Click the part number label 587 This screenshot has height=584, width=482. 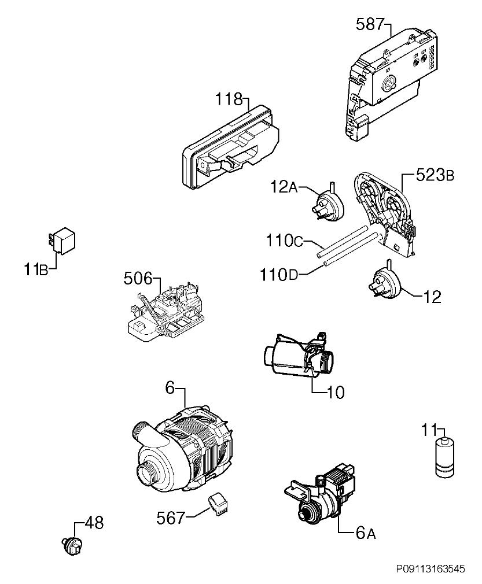(x=369, y=25)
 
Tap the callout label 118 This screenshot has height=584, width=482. (x=229, y=99)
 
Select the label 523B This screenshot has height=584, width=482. (x=435, y=175)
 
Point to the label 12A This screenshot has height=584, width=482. (x=284, y=187)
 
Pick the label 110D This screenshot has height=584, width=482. (x=279, y=275)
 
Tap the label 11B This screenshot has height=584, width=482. (x=36, y=269)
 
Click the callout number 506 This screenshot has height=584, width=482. (x=138, y=279)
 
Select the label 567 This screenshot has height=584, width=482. (x=171, y=518)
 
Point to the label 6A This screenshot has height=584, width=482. (x=365, y=533)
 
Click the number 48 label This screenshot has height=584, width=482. (x=94, y=523)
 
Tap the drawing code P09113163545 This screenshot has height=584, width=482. (x=430, y=569)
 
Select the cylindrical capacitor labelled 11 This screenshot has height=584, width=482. (x=445, y=457)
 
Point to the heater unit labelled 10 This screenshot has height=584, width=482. (x=299, y=356)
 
